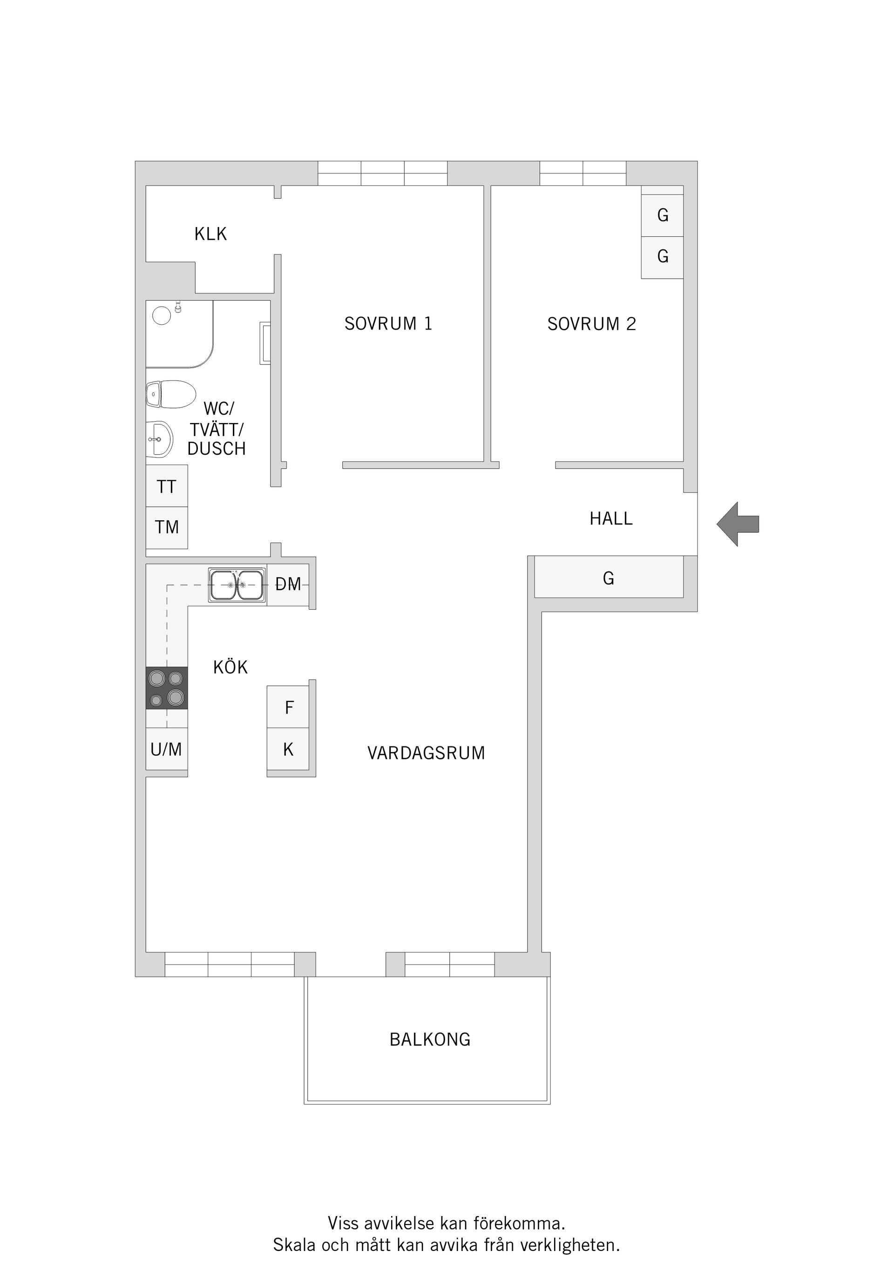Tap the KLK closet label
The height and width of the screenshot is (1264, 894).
[x=210, y=234]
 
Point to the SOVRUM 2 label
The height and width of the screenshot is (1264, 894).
[x=592, y=324]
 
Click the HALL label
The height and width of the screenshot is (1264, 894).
[x=611, y=518]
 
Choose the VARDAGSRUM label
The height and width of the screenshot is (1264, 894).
[x=427, y=753]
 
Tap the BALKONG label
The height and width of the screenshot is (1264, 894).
[x=430, y=1039]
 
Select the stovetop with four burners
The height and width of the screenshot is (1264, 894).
[x=167, y=688]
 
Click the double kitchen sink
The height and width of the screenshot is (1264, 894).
[x=237, y=585]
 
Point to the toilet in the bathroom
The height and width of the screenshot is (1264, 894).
[x=171, y=394]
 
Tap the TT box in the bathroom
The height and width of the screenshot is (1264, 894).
[x=167, y=486]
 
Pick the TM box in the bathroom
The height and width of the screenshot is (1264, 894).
[x=167, y=528]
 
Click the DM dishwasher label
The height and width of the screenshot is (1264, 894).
[x=288, y=584]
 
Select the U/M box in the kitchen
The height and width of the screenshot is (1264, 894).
[x=167, y=749]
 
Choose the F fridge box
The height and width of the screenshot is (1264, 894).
[x=288, y=707]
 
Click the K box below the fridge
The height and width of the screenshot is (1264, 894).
[x=288, y=749]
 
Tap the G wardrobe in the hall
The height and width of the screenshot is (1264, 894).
[x=609, y=577]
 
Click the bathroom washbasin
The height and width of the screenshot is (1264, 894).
[x=160, y=439]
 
